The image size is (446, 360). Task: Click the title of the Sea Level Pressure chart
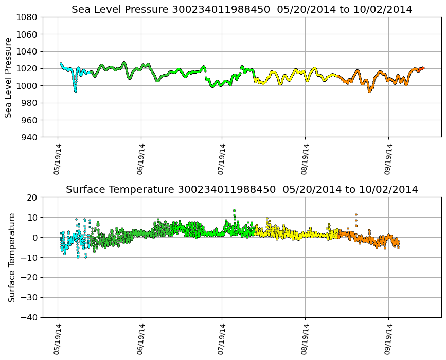click(x=242, y=9)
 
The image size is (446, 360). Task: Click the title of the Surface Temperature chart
click(x=242, y=189)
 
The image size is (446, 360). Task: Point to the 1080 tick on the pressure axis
click(x=26, y=17)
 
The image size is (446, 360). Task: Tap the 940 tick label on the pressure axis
click(x=28, y=137)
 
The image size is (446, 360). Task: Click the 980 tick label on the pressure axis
click(x=28, y=103)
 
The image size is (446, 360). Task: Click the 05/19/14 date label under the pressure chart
click(x=58, y=159)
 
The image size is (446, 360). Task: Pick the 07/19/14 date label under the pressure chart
click(x=222, y=159)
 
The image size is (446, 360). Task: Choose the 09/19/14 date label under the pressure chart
click(x=388, y=159)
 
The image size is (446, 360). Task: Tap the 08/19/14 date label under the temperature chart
click(x=305, y=339)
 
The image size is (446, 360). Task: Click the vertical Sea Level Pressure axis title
click(x=8, y=77)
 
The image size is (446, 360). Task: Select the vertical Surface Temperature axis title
click(x=11, y=257)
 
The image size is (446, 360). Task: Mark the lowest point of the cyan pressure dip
click(x=75, y=91)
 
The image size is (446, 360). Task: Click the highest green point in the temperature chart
click(x=234, y=210)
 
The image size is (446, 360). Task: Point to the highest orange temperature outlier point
click(x=355, y=214)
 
